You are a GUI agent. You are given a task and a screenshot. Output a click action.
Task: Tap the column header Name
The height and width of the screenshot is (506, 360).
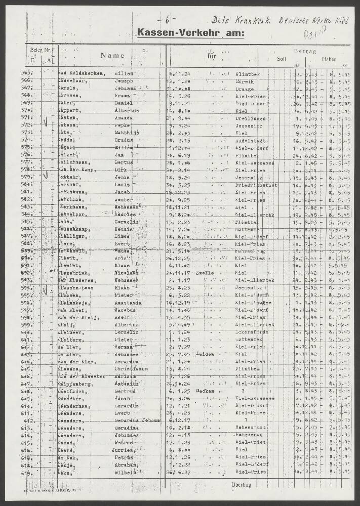pos(112,56)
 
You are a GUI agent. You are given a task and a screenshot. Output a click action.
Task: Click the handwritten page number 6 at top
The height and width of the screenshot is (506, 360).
pos(167,21)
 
